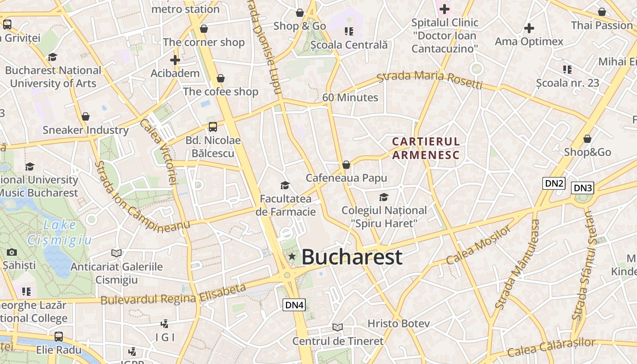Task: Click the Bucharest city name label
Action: click(352, 257)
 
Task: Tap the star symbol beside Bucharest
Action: click(292, 257)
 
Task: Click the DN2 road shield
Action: click(554, 184)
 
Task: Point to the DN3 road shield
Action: click(582, 188)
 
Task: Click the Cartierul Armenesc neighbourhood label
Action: click(426, 148)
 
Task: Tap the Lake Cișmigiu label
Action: click(60, 232)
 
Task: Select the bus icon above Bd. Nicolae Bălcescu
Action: click(212, 127)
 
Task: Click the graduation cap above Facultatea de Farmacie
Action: click(285, 185)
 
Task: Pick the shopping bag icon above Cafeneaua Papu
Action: click(346, 165)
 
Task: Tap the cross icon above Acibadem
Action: click(175, 60)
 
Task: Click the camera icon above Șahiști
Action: click(12, 252)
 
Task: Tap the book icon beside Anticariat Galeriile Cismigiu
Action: click(116, 253)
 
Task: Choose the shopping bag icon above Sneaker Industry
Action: click(86, 116)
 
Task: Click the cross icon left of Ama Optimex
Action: click(529, 28)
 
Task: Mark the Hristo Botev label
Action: click(399, 324)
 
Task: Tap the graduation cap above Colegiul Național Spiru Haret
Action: click(384, 197)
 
